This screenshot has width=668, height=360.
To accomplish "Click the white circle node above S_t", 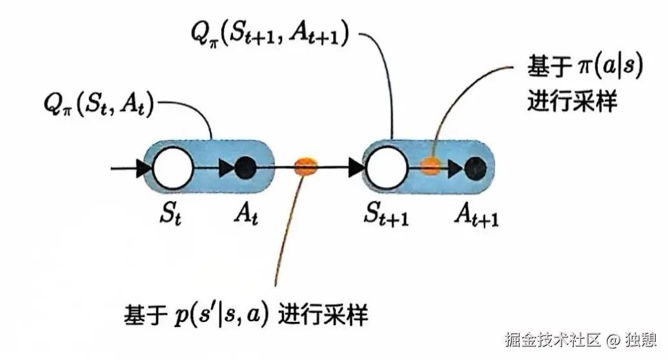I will [x=173, y=169].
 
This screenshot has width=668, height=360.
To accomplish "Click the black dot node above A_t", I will [x=245, y=169].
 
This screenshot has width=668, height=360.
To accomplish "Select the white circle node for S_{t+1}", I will [x=387, y=169].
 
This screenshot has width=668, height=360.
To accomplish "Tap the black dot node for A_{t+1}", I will [x=476, y=168].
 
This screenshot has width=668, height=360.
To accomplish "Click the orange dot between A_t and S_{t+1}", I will [x=305, y=168].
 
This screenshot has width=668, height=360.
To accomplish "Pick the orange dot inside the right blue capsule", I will [x=430, y=168].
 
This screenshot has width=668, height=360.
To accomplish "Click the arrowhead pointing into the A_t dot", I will [x=227, y=169].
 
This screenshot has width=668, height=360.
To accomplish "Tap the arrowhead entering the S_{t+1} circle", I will [x=356, y=169].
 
